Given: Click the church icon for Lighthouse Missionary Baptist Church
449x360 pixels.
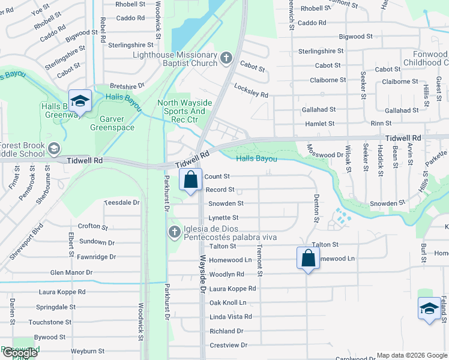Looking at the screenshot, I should pos(226,58).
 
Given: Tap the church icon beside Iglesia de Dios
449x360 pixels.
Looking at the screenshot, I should pos(175,232).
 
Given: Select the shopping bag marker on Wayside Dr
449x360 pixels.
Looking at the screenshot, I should pos(190,179).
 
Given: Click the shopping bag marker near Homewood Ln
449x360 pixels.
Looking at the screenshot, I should pos(308,259).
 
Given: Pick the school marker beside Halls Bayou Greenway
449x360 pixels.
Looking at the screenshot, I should pos(79,100).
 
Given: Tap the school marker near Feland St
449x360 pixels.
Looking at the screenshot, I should pos(429,309).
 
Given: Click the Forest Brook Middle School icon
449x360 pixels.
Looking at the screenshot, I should pos(54,148).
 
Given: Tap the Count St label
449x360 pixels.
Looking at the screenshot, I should pos(217,176).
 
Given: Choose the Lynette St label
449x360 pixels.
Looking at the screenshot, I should pos(223,218).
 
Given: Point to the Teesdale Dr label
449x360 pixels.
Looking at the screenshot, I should pos(122,203).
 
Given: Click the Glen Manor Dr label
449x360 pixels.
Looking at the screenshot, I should pos(71,272).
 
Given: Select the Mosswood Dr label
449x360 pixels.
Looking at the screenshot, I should pos(324,154).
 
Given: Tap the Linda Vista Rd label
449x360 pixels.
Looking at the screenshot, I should pos(231,317).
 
